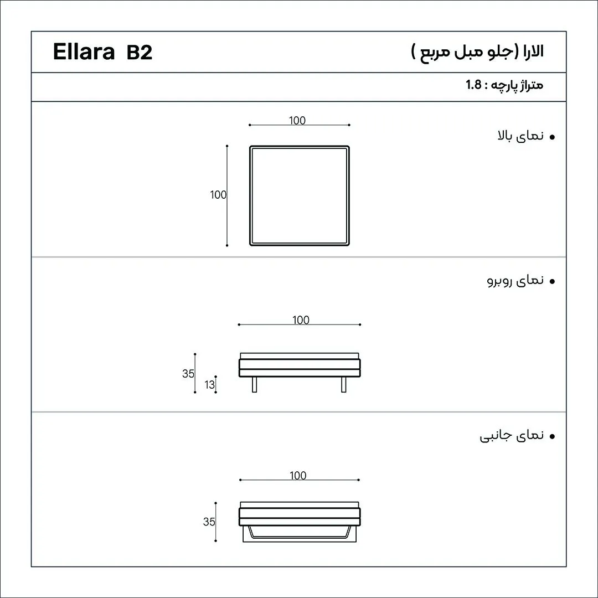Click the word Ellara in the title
(84, 52)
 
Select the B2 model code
(140, 52)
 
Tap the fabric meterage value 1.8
(473, 85)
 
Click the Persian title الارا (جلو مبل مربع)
(477, 51)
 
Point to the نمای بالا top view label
(520, 136)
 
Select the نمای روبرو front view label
(515, 281)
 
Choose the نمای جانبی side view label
(512, 436)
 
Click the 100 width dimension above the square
(297, 120)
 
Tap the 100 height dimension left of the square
(218, 194)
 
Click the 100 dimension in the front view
(301, 319)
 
